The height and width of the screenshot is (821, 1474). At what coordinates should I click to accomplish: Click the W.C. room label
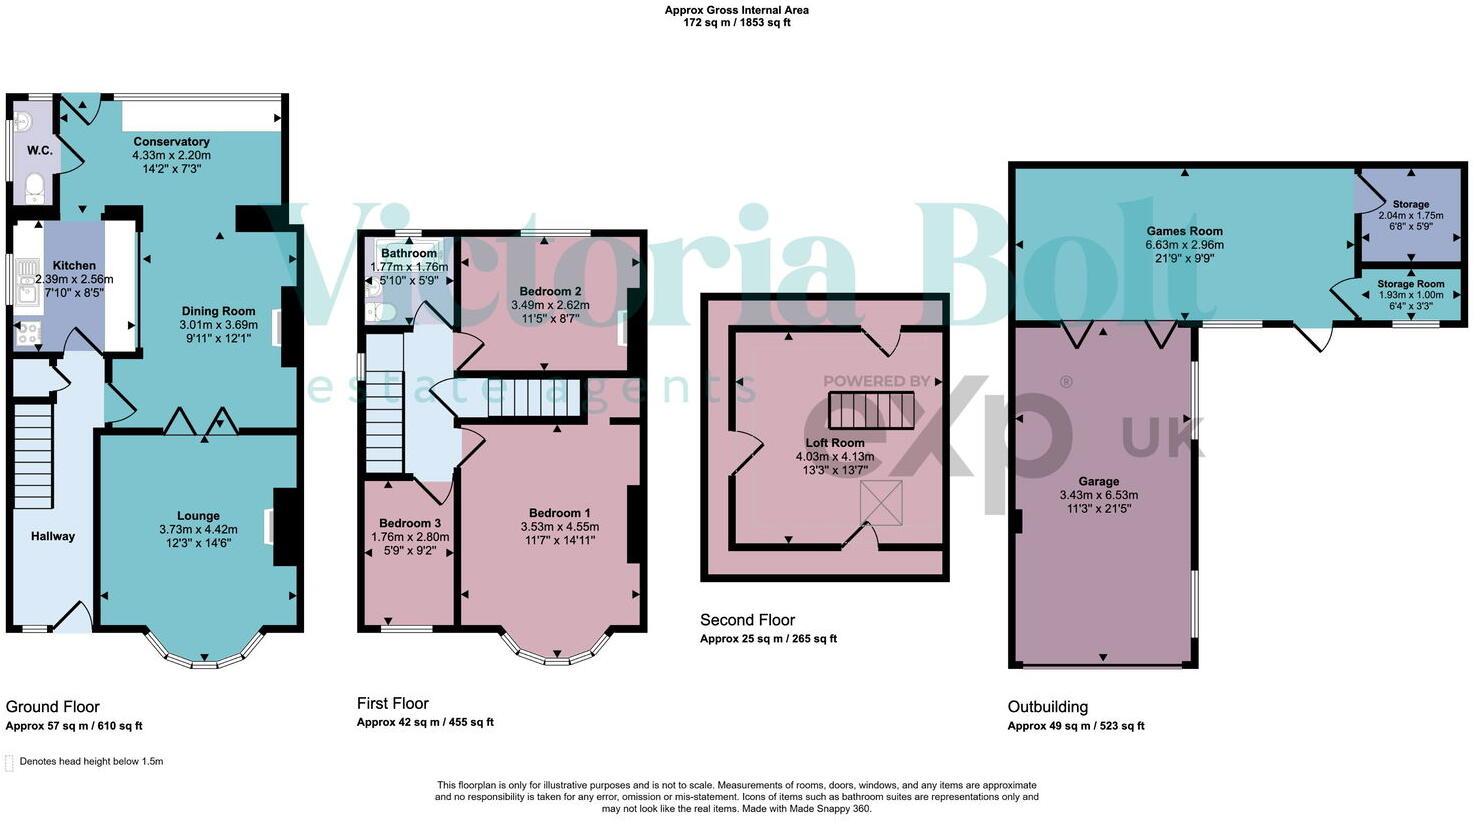40,151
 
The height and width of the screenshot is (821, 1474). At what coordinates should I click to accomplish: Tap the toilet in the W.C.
33,187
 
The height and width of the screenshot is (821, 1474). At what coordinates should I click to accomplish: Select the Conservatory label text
171,142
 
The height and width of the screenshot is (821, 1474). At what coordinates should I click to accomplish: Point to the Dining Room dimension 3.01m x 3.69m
218,325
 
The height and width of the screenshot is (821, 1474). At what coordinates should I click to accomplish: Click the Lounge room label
198,516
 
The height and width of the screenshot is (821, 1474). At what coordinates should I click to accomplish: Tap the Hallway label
53,536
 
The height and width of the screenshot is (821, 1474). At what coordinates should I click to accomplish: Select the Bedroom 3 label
410,523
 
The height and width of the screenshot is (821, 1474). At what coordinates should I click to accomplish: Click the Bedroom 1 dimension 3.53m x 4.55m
560,527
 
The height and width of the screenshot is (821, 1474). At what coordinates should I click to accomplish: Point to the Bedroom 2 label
550,291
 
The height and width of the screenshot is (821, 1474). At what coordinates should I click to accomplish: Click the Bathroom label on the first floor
408,254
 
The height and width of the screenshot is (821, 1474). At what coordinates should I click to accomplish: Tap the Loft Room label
835,443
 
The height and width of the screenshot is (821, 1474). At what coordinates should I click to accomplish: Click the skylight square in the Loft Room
881,501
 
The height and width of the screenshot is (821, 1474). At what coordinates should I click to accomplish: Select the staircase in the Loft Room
871,410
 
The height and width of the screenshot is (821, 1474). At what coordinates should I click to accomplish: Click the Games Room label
1184,231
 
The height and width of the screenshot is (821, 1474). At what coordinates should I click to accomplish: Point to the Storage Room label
1411,284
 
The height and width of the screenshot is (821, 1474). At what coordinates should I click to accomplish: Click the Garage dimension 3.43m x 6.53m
1098,495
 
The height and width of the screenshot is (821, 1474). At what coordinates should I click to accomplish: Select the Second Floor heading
747,620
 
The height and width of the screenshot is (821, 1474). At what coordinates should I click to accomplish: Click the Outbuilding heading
1047,707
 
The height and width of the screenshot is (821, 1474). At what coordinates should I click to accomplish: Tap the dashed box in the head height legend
10,763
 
